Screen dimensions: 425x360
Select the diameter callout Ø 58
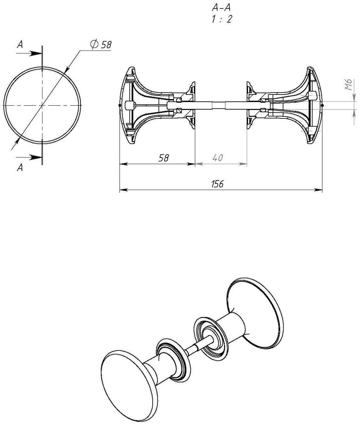[101, 44]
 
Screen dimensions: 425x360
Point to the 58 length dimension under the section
[163, 158]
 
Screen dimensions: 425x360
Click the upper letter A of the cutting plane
[20, 44]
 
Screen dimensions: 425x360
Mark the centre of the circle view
[42, 105]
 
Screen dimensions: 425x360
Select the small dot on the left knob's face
[120, 105]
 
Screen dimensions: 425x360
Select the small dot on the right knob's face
[322, 105]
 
